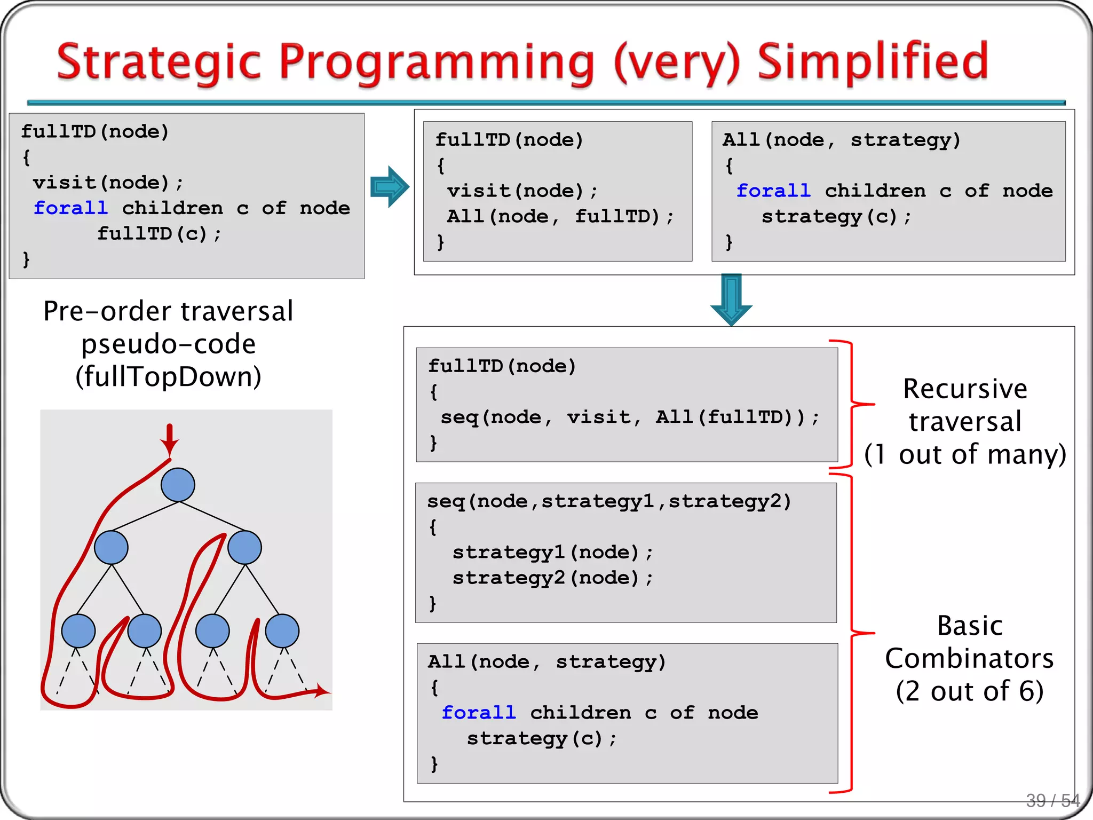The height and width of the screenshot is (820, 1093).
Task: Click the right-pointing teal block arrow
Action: coord(390,186)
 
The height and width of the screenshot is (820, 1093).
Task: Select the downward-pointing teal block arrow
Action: coord(731,299)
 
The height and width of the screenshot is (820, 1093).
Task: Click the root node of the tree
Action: coord(178,485)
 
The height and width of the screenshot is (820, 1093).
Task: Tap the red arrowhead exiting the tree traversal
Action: coord(322,691)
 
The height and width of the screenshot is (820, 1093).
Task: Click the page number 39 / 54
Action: coord(1052,800)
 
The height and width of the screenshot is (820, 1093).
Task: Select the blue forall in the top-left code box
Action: coord(70,208)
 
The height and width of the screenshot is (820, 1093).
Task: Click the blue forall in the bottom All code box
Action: coord(479,712)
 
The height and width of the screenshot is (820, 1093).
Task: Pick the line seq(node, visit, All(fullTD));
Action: coord(630,417)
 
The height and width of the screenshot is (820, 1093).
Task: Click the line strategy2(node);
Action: coord(552,578)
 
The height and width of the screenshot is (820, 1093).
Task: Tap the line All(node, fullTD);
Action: coord(560,216)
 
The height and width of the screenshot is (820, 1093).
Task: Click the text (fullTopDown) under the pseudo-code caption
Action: coord(169,376)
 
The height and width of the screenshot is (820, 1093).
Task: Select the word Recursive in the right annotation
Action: coord(965,389)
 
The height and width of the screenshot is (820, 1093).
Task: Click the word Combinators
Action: coord(969,658)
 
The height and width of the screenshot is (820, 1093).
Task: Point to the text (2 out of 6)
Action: coord(969,691)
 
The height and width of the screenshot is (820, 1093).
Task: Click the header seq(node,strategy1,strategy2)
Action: coord(609,501)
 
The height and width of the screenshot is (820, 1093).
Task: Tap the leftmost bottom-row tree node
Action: coord(78,630)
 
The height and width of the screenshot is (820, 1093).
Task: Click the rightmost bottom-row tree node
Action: coord(282,630)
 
